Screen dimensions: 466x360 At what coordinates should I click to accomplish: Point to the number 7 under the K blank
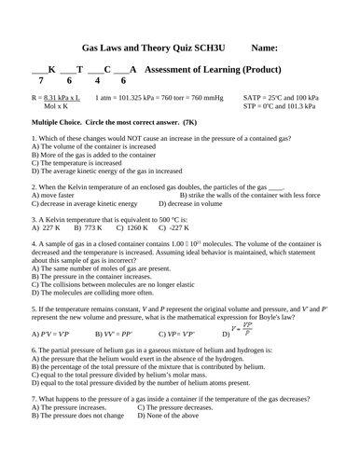point(41,81)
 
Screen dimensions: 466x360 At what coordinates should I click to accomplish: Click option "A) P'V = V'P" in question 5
point(49,333)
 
